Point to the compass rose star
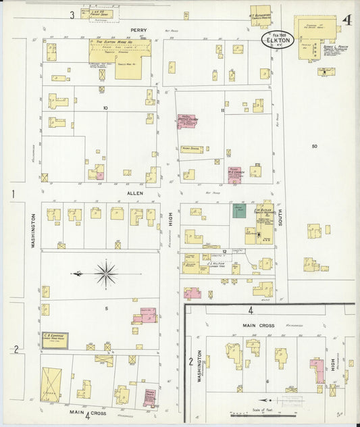click(105, 274)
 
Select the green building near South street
click(239, 210)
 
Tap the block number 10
click(105, 108)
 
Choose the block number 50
click(314, 146)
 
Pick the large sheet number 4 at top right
click(346, 20)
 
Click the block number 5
click(106, 307)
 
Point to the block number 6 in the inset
click(268, 381)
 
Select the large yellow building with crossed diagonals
click(51, 383)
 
